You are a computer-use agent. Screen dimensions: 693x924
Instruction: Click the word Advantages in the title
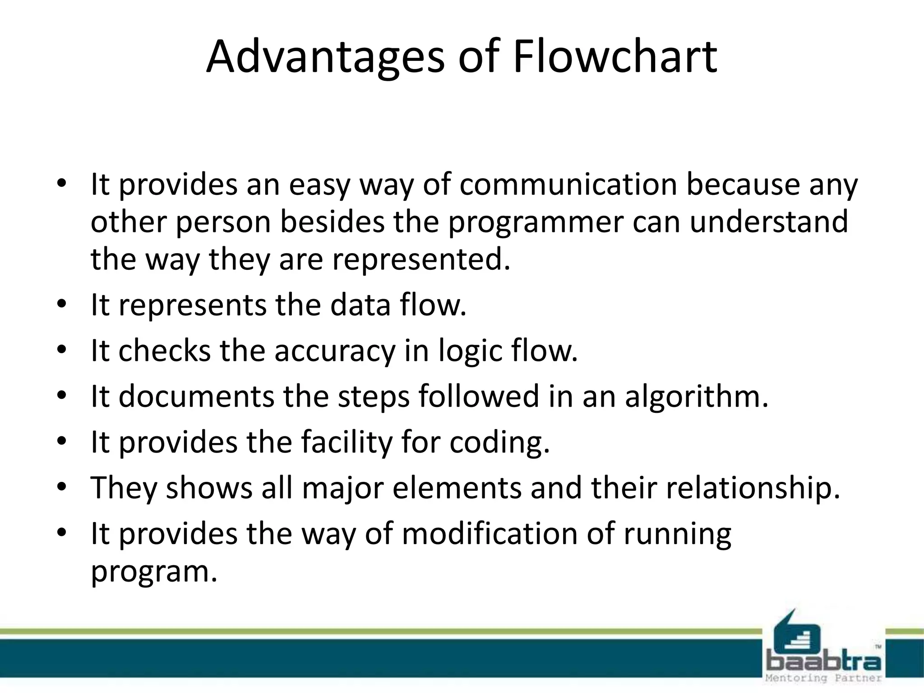click(325, 58)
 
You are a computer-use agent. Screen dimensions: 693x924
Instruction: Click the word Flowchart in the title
click(614, 57)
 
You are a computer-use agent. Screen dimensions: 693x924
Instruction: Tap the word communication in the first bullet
click(568, 185)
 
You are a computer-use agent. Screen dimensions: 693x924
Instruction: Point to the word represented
click(421, 260)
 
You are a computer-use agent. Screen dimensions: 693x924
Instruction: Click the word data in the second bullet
click(360, 305)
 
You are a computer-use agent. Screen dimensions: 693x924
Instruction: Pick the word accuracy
click(334, 351)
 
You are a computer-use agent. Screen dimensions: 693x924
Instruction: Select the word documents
click(196, 396)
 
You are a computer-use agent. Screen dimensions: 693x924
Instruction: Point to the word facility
click(346, 443)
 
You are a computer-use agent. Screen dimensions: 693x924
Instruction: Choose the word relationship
click(753, 488)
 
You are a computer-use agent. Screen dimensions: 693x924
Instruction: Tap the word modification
click(489, 534)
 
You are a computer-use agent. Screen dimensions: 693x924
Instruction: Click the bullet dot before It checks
click(62, 350)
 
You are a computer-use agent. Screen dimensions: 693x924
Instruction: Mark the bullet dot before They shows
click(62, 487)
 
